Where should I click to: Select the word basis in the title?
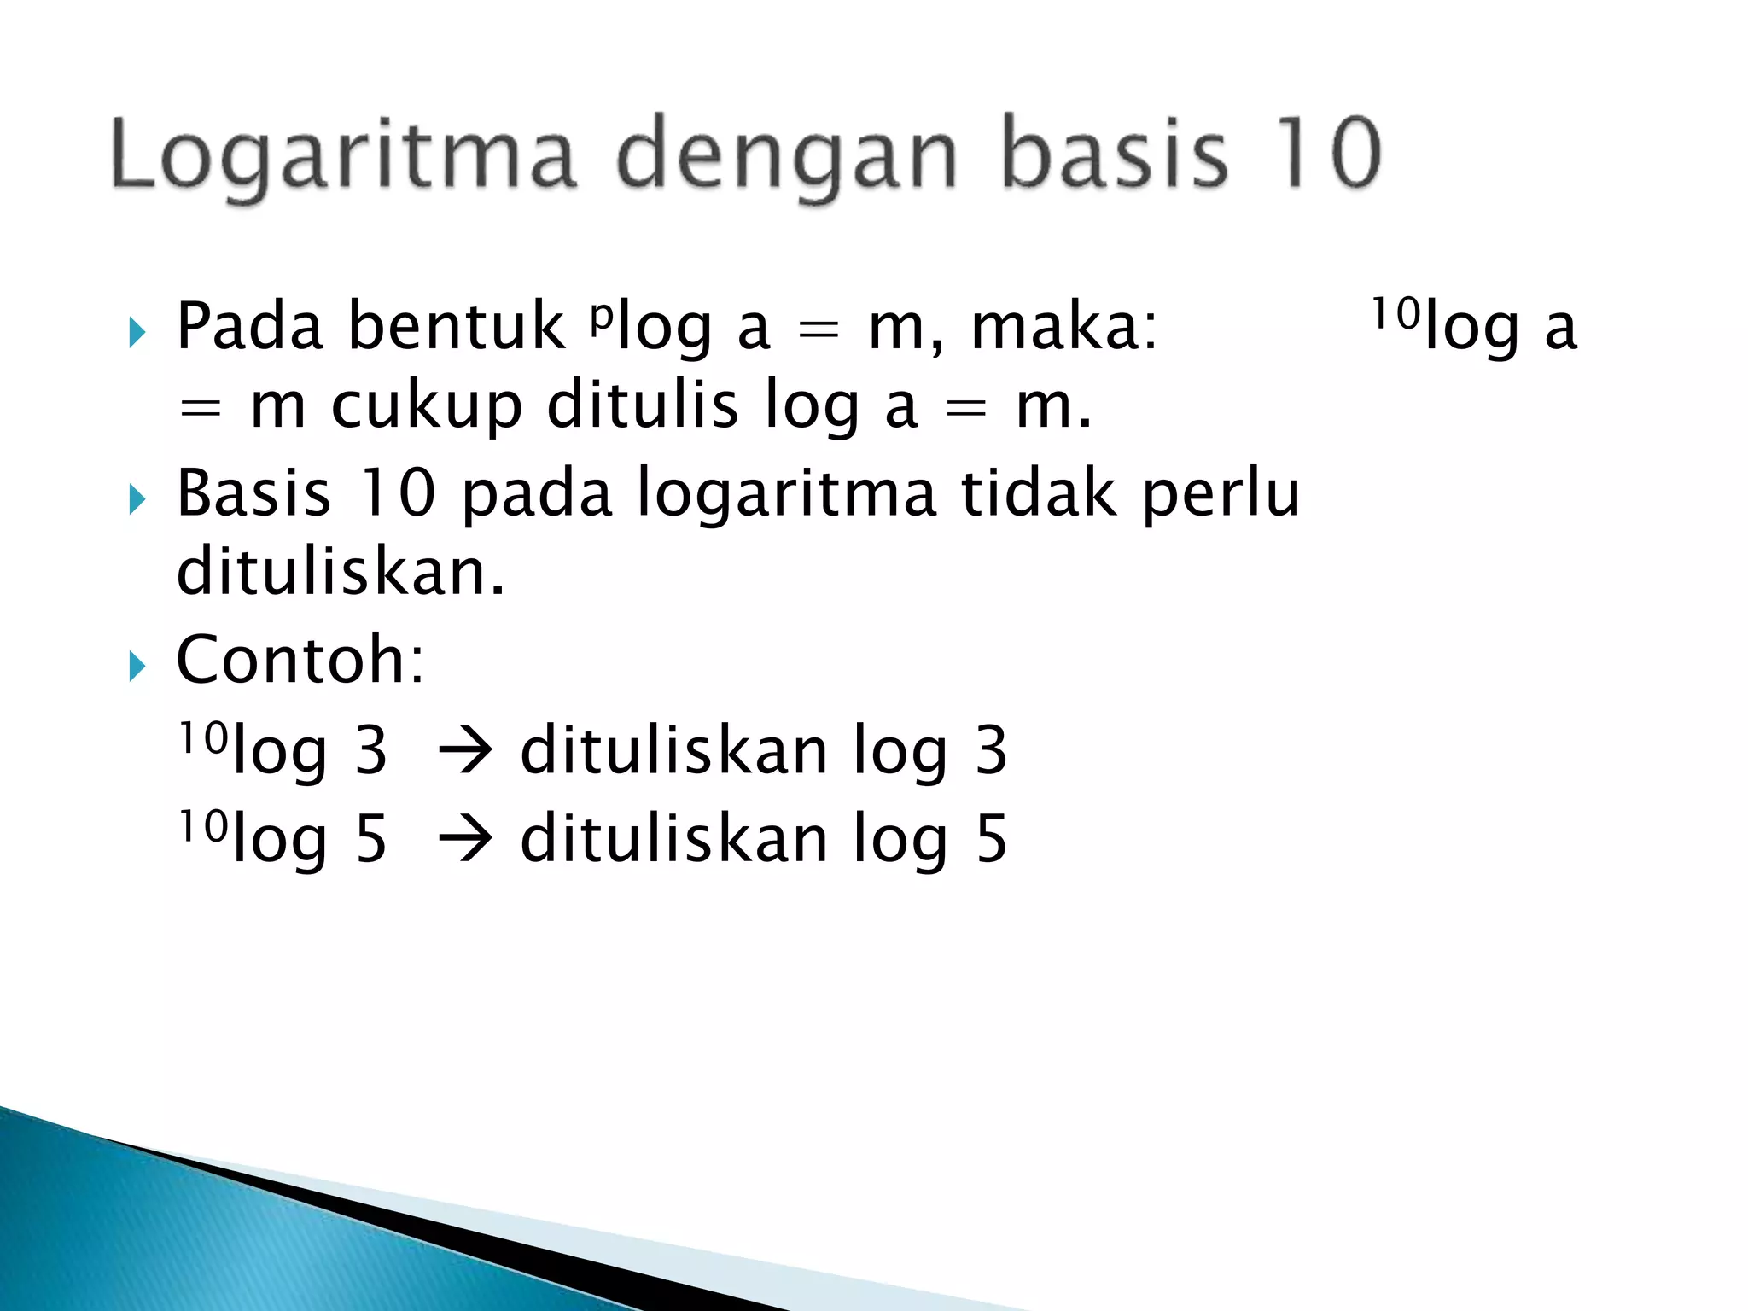(1115, 154)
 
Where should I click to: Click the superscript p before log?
(603, 314)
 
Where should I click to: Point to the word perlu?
(1221, 495)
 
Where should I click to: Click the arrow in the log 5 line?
(465, 839)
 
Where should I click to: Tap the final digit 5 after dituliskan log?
(991, 839)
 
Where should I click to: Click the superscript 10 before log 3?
(203, 737)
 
